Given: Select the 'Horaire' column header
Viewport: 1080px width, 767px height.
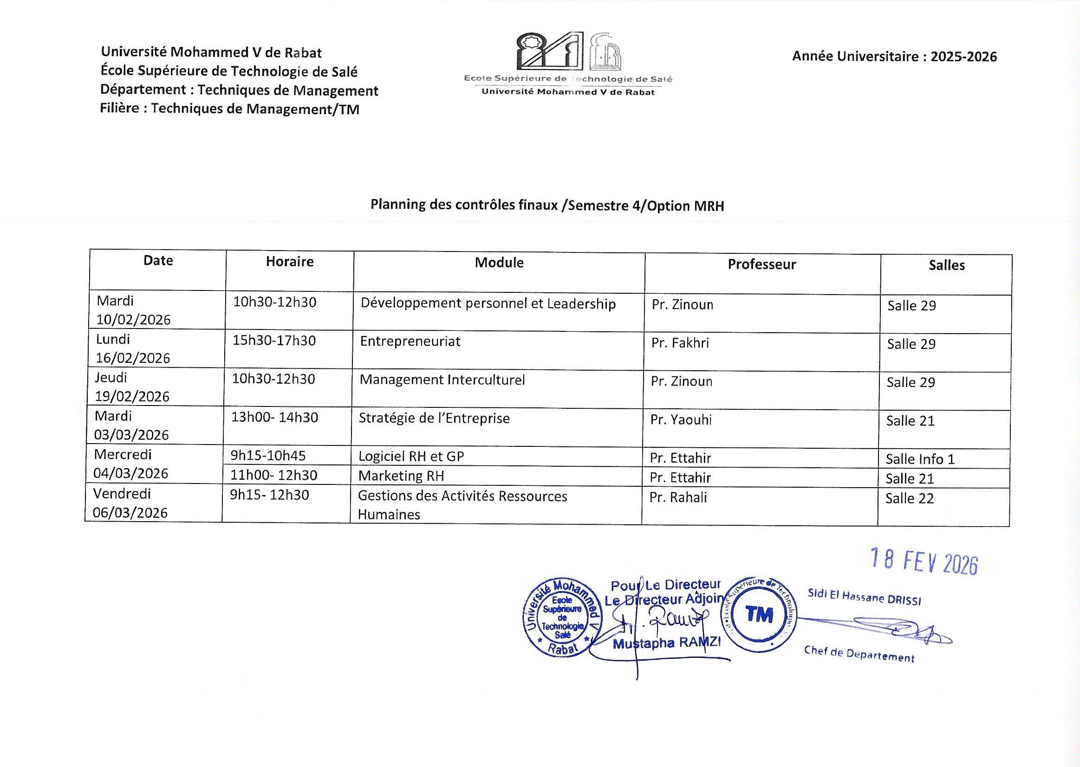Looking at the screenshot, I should click(290, 262).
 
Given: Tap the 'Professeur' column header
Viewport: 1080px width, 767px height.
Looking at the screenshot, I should click(761, 264).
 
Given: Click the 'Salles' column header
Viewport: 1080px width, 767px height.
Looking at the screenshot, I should click(946, 265).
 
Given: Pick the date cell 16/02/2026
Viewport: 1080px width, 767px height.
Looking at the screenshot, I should click(133, 358).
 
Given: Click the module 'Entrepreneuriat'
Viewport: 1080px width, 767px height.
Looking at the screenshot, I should click(410, 342).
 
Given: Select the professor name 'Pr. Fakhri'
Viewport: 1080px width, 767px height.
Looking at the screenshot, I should click(680, 343).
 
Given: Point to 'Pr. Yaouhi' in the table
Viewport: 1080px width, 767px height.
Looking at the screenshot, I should click(681, 420).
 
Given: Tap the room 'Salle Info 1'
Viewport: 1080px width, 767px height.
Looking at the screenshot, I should click(920, 459).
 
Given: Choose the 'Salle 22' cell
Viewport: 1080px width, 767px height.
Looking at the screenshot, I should click(910, 499).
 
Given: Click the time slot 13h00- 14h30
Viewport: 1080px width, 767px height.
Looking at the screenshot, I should click(274, 418).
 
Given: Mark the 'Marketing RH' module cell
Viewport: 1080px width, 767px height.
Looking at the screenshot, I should click(401, 476).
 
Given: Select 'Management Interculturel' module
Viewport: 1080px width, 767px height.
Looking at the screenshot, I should click(442, 380).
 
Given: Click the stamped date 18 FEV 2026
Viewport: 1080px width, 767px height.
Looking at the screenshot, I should click(924, 561).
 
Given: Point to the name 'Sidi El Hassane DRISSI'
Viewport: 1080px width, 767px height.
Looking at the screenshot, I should click(864, 597).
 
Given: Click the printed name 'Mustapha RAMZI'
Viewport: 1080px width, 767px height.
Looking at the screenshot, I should click(666, 643).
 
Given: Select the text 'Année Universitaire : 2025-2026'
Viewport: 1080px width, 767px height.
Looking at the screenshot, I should click(894, 57).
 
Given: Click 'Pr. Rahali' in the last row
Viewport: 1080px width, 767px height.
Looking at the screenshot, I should click(678, 497).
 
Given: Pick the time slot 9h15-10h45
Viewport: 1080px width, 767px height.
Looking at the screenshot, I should click(267, 456).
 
